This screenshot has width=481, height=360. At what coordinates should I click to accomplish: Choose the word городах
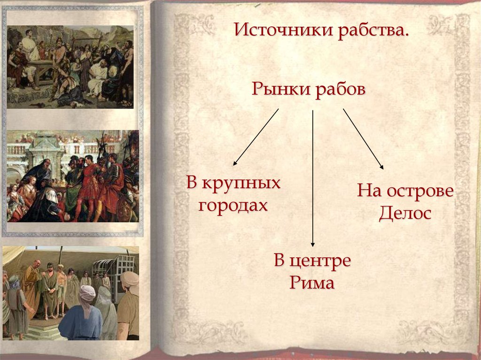coord(233,205)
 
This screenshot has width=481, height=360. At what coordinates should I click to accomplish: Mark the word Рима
coord(312,283)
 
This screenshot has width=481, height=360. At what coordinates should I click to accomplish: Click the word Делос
coord(405,214)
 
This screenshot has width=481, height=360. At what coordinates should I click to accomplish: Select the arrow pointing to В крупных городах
coord(256,137)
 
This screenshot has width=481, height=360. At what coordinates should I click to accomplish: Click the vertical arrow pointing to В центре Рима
coord(313,178)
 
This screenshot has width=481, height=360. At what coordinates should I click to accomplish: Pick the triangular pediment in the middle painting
coord(45,141)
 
